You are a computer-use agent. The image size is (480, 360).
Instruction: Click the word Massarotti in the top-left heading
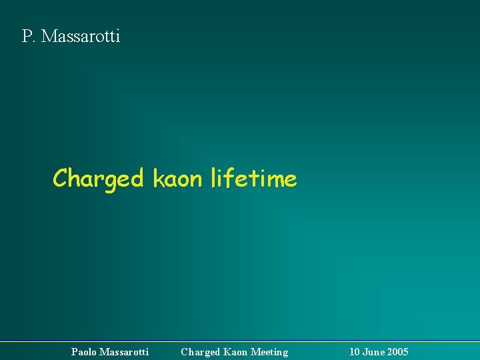tap(81, 36)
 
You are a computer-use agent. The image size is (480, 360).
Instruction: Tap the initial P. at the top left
tap(29, 36)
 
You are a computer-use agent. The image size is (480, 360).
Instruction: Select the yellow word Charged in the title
tap(98, 179)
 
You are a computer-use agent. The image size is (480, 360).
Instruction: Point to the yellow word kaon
tap(178, 179)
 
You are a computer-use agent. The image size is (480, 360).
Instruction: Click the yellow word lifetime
tap(253, 178)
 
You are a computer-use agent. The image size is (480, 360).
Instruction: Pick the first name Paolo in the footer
tap(83, 351)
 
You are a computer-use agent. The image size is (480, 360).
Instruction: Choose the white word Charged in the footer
tap(201, 351)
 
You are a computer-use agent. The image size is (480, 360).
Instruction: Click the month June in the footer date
tap(374, 351)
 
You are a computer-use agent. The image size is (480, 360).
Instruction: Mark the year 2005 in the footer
tap(398, 351)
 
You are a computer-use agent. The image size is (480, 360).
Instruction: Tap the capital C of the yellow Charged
tap(60, 179)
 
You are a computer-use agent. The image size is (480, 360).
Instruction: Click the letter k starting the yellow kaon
tap(157, 178)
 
